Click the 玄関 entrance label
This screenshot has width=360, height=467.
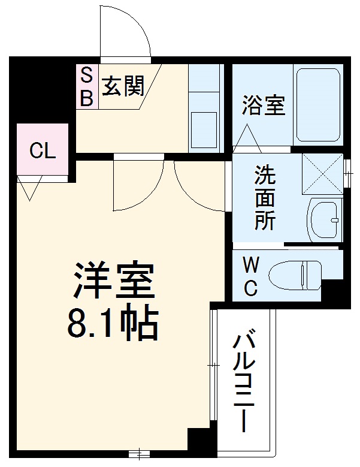[x=123, y=88]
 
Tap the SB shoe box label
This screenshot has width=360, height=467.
[x=87, y=87]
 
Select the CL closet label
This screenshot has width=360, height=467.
[x=43, y=150]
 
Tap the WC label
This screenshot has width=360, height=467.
[x=250, y=276]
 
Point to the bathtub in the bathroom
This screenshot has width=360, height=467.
[x=317, y=106]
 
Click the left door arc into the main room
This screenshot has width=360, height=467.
[x=138, y=186]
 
